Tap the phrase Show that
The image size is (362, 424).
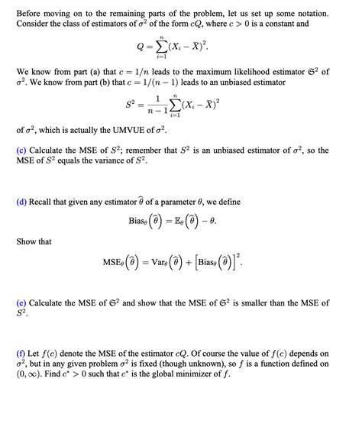tap(34, 241)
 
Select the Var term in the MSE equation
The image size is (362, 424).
tap(175, 264)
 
